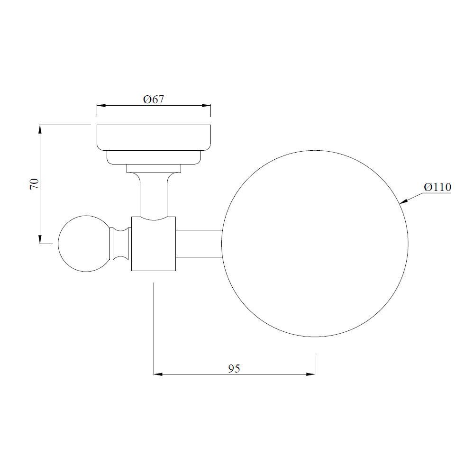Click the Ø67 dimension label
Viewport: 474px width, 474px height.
coord(154,100)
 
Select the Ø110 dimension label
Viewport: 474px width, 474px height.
coord(437,187)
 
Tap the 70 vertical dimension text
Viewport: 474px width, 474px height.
coord(34,184)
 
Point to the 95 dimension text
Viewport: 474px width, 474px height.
coord(234,368)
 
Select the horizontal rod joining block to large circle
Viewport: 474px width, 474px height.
coord(199,244)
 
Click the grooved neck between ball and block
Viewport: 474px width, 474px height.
coord(120,244)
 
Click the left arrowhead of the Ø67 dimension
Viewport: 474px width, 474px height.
coord(100,106)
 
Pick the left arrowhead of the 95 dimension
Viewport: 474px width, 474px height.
coord(158,374)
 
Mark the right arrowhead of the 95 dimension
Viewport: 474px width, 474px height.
coord(311,374)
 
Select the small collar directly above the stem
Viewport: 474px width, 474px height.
coord(154,168)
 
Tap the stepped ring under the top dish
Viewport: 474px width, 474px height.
coord(154,157)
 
